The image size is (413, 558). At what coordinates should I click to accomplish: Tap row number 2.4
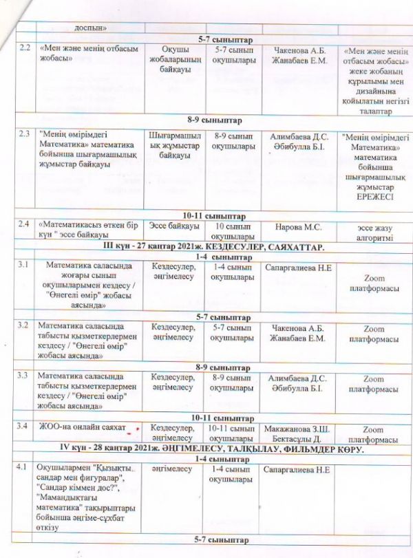tap(25, 224)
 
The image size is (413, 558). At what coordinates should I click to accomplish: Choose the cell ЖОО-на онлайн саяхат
tap(81, 427)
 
